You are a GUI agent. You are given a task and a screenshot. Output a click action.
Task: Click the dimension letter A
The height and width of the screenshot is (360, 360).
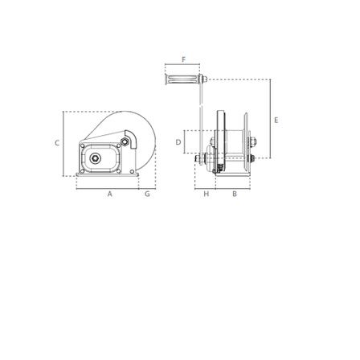[110, 194]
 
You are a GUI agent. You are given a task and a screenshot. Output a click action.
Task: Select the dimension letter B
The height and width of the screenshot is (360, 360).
[235, 194]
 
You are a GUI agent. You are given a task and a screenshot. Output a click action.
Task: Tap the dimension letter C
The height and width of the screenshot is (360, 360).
[57, 143]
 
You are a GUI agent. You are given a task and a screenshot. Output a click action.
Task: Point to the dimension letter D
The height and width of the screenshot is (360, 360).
[178, 142]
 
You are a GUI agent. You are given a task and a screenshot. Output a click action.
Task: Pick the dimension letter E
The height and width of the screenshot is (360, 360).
[276, 120]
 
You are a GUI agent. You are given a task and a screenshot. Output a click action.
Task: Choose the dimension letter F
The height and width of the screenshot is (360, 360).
[183, 59]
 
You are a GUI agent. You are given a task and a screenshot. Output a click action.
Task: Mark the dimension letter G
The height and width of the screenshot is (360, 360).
[147, 194]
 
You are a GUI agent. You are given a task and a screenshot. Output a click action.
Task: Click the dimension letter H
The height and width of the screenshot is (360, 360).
[206, 194]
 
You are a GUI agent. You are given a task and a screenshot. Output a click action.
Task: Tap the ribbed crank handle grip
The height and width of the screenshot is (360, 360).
[182, 80]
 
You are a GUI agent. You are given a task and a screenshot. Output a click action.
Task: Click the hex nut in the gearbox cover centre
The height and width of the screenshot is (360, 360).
[95, 158]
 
